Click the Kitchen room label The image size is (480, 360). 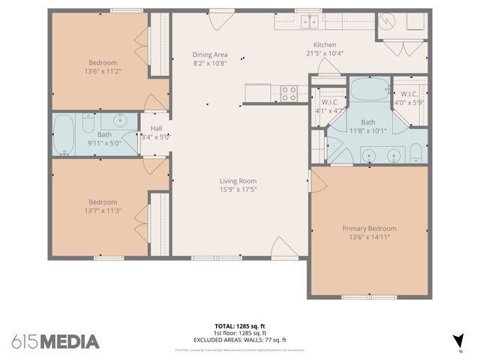tap(325, 45)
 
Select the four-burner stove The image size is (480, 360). tap(289, 93)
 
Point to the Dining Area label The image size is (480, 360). tap(209, 55)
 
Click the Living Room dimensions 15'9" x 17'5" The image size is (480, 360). tap(238, 189)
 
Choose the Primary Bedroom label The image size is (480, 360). tap(369, 228)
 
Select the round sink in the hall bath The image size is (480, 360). tap(118, 121)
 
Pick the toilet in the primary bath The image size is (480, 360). tap(415, 155)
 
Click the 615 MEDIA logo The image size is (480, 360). tap(55, 341)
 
